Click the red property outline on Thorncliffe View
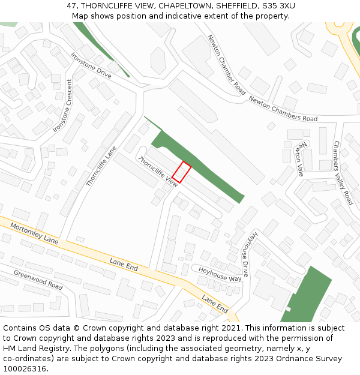[182, 172]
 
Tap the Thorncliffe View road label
[158, 171]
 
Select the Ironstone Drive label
[91, 65]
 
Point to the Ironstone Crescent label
[62, 106]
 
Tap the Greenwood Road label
[38, 280]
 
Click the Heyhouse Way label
[220, 274]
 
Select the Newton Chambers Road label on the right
[283, 109]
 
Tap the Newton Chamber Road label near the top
[227, 65]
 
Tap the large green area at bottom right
[309, 294]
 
